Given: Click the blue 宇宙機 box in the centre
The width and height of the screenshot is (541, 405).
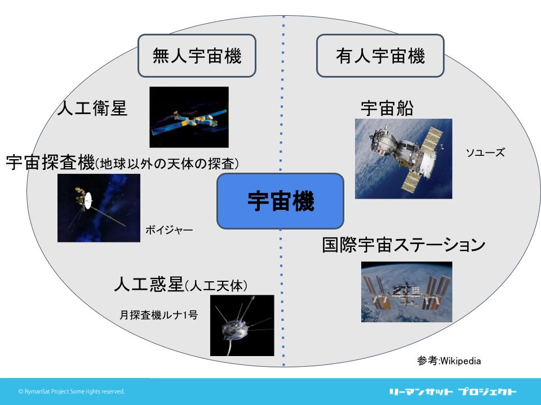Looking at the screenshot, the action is [280, 201].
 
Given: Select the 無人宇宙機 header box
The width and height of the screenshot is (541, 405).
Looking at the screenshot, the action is [197, 56].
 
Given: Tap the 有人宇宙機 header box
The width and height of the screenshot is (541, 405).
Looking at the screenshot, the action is [380, 56].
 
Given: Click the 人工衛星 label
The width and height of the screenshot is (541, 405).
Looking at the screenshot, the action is [92, 108].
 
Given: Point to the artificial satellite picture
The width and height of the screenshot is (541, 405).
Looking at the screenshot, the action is [189, 117].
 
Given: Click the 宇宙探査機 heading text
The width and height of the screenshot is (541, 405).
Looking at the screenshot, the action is [50, 162].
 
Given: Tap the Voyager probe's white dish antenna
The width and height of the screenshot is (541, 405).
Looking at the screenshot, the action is [88, 200].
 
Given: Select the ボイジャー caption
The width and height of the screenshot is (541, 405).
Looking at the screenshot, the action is [169, 229].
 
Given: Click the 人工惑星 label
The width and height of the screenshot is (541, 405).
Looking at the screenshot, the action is [149, 284].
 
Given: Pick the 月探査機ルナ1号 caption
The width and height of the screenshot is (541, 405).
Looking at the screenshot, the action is [159, 315].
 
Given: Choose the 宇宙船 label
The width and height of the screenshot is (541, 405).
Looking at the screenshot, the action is [387, 108].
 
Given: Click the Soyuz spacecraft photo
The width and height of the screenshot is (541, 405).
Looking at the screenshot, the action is [403, 159].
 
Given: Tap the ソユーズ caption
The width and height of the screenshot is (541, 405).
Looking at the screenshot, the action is [485, 152].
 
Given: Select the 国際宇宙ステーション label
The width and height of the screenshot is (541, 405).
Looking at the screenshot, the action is [403, 245].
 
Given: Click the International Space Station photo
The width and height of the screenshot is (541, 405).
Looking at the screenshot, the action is [407, 292].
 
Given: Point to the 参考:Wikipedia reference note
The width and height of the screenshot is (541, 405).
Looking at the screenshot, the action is [449, 361].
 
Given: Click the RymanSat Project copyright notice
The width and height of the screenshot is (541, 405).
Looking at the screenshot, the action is [72, 391].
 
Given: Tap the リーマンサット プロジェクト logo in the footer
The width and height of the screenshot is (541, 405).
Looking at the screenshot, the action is [453, 391].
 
